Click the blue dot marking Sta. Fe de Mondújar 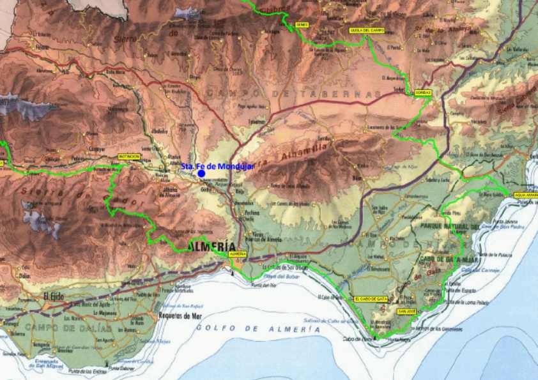pos(201,173)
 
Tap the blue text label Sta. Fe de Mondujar pos(218,166)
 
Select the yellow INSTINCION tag pos(128,156)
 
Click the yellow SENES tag pos(302,25)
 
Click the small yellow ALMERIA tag pos(237,254)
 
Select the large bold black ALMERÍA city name pos(211,247)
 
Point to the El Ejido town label pos(55,296)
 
